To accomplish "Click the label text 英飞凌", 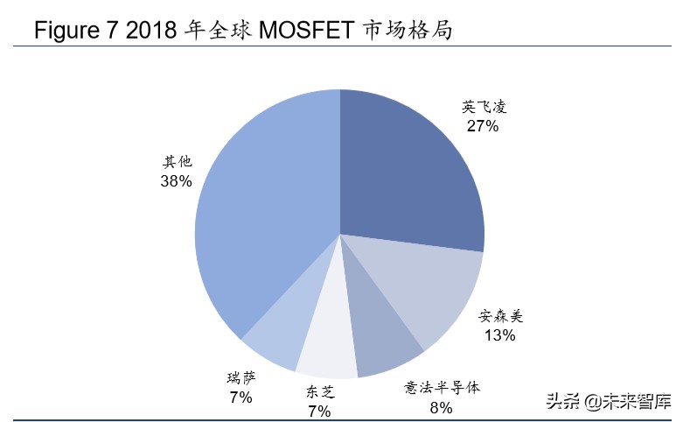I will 484,108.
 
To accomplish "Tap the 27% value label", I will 483,126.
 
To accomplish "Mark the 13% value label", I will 499,335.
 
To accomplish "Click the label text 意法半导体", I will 442,387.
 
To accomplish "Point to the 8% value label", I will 441,406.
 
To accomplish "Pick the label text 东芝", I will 320,392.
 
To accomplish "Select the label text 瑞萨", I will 240,379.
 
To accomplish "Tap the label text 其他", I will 177,162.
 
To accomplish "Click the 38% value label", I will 176,181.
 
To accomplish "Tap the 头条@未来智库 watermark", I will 608,402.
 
